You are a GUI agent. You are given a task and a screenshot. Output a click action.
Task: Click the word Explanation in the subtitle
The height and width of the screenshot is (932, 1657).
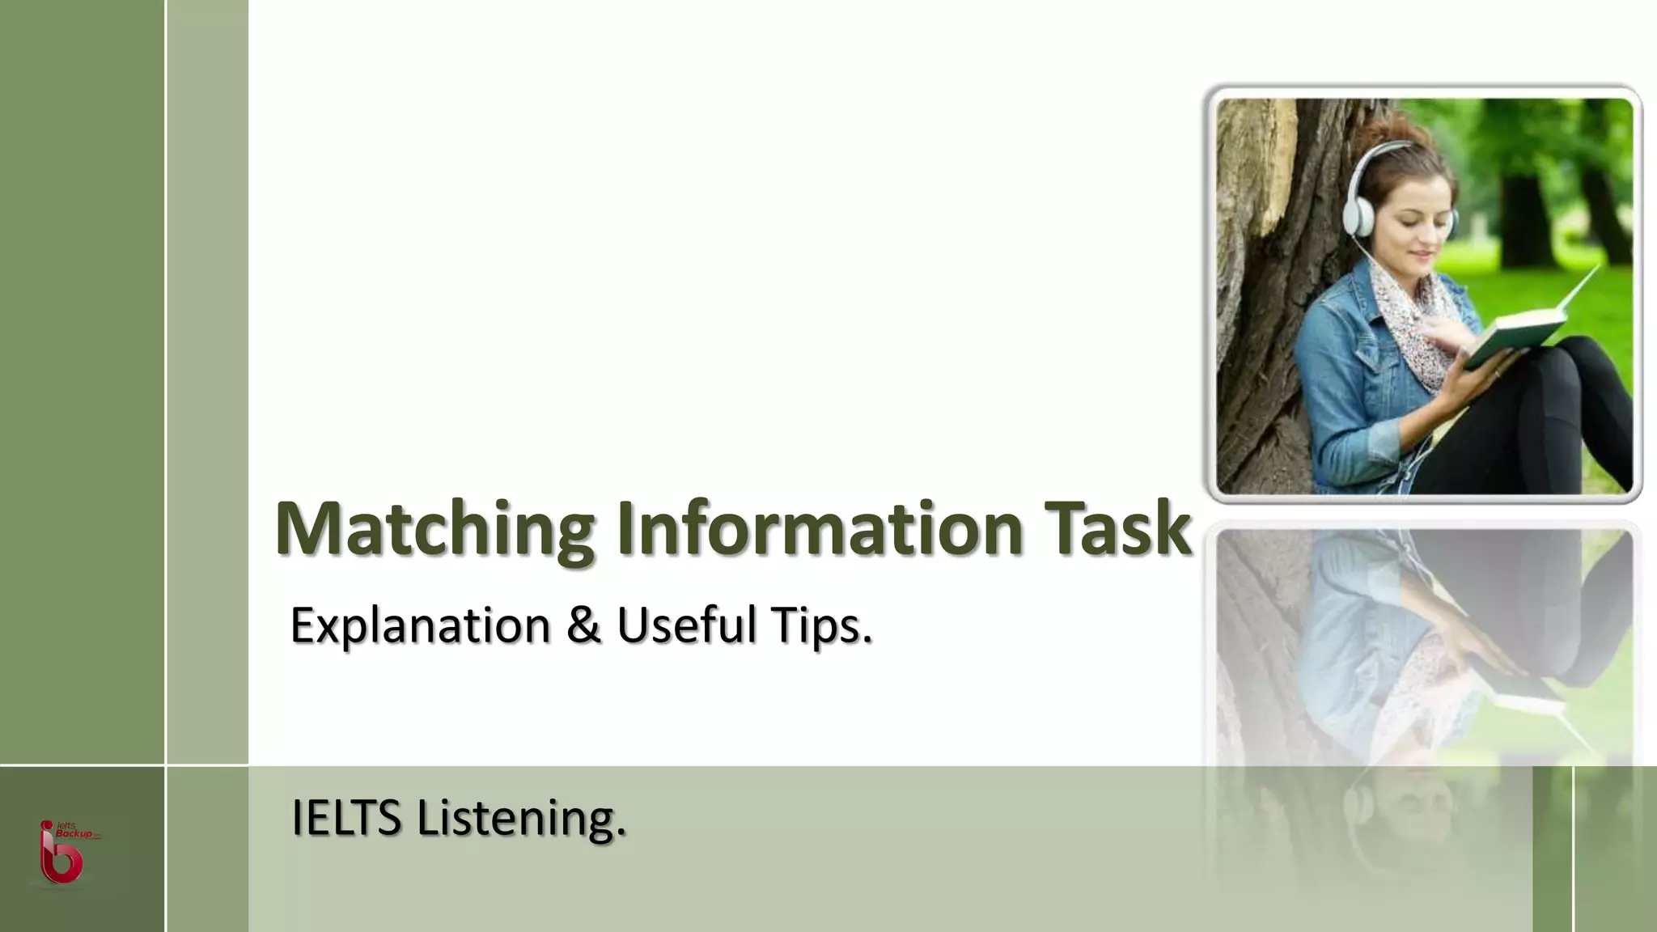point(420,626)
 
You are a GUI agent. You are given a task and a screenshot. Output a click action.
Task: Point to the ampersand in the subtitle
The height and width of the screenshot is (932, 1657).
point(583,625)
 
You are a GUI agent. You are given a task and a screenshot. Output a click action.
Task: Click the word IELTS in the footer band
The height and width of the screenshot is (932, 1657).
point(346,817)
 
